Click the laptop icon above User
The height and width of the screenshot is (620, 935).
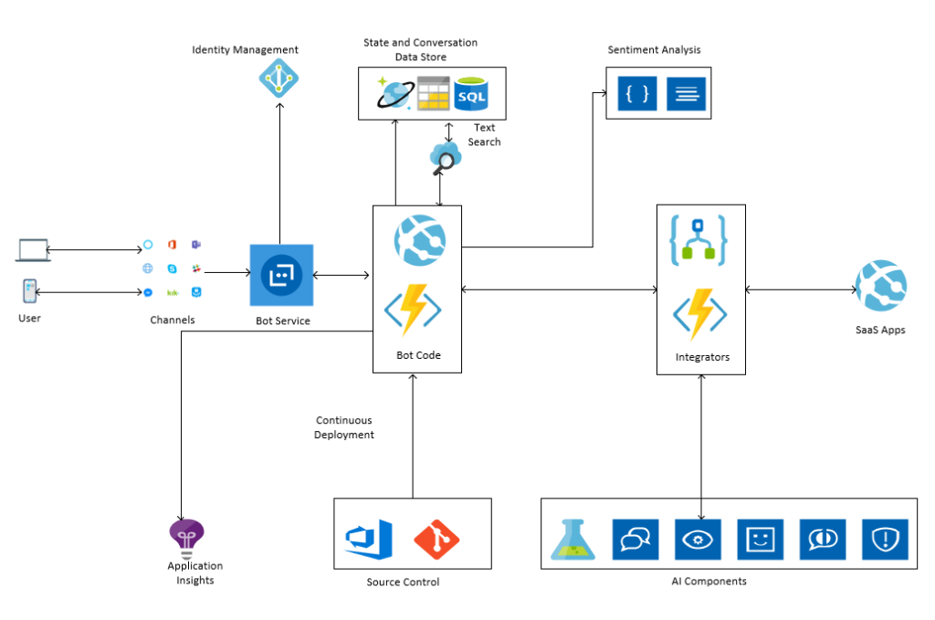pyautogui.click(x=31, y=249)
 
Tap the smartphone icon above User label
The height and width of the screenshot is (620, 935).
pyautogui.click(x=30, y=291)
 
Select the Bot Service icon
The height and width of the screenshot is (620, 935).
pyautogui.click(x=281, y=275)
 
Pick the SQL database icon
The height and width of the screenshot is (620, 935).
pyautogui.click(x=471, y=93)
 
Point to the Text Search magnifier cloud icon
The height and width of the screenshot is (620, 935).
pyautogui.click(x=445, y=158)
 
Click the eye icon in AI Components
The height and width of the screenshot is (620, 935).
pyautogui.click(x=698, y=540)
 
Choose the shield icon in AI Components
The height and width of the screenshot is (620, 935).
pyautogui.click(x=884, y=540)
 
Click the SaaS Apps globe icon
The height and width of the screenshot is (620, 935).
pyautogui.click(x=880, y=286)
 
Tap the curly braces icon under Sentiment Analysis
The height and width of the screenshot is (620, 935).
pyautogui.click(x=637, y=93)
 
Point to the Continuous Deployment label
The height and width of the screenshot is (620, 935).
pyautogui.click(x=344, y=428)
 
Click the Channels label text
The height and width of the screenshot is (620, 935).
pyautogui.click(x=173, y=320)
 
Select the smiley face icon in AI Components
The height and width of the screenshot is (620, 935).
pyautogui.click(x=760, y=540)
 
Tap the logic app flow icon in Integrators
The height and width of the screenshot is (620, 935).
pyautogui.click(x=699, y=239)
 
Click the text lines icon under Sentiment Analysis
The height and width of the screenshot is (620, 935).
pyautogui.click(x=686, y=93)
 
